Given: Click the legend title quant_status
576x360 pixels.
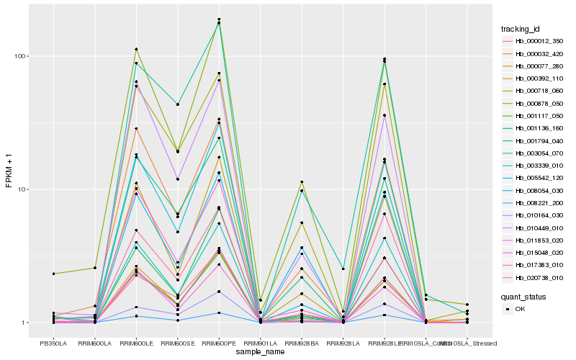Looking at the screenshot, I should (x=523, y=296).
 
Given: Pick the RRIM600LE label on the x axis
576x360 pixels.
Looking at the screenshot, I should (x=136, y=343).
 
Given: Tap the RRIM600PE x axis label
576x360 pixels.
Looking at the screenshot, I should (x=219, y=343).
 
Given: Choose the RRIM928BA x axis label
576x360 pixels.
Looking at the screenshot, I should (x=302, y=343).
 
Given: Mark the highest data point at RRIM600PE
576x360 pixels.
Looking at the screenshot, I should (x=219, y=19).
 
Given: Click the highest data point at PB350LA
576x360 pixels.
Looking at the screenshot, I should (x=53, y=274).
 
